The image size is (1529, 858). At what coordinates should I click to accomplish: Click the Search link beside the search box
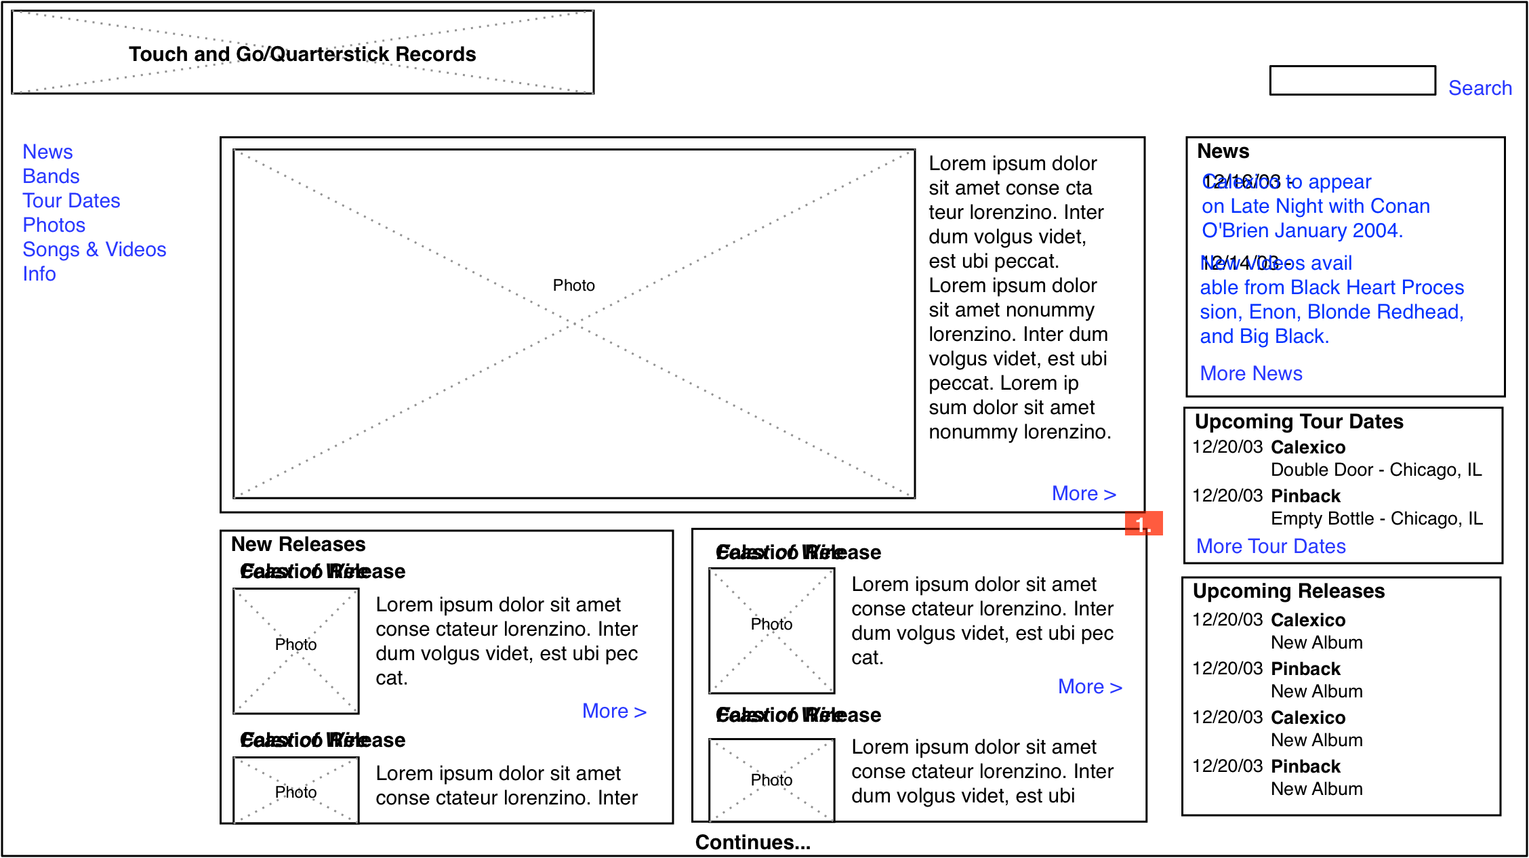(x=1480, y=88)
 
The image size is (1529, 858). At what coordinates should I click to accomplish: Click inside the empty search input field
(x=1352, y=81)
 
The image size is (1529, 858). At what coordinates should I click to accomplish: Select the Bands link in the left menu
(x=51, y=176)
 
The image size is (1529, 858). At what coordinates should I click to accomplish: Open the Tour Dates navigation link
(x=71, y=201)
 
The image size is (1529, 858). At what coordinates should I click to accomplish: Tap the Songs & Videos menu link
(x=94, y=249)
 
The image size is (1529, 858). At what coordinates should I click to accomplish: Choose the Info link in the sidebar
(x=39, y=274)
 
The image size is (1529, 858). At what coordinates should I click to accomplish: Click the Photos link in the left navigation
(x=54, y=225)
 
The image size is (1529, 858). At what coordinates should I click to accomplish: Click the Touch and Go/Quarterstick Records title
(x=302, y=54)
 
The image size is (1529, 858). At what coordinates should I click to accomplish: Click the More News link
(x=1251, y=373)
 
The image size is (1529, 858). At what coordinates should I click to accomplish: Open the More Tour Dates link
(x=1271, y=546)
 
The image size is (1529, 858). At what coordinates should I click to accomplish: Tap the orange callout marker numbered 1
(x=1143, y=524)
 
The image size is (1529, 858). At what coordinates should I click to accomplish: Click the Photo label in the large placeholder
(x=573, y=285)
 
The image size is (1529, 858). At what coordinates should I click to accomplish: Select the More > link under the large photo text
(x=1083, y=493)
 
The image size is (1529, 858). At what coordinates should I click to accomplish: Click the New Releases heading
(x=298, y=544)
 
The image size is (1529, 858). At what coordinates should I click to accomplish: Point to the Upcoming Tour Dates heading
(x=1299, y=422)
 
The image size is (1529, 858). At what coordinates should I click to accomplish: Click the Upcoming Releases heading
(x=1288, y=591)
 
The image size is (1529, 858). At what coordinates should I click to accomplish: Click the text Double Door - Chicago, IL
(x=1376, y=470)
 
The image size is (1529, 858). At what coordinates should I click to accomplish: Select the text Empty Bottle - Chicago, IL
(x=1377, y=518)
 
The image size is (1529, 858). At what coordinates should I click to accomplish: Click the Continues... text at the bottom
(x=752, y=842)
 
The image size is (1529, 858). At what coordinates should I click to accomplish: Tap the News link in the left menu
(x=47, y=152)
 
